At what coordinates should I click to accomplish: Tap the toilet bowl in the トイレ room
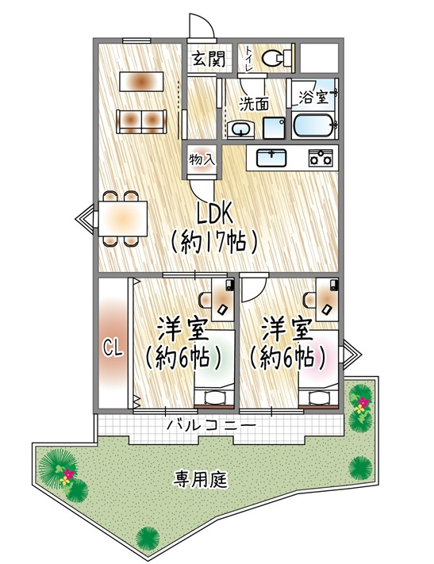(x=275, y=57)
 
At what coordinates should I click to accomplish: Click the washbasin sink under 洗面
(x=238, y=129)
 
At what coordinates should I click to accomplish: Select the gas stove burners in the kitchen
(x=321, y=158)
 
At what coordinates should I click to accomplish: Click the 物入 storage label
(x=202, y=159)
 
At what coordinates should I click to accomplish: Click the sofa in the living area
(x=141, y=120)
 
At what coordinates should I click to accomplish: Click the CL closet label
(x=113, y=347)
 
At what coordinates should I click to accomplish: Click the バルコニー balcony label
(x=211, y=427)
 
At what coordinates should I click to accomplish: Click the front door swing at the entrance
(x=202, y=29)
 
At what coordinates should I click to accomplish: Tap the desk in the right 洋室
(x=327, y=297)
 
